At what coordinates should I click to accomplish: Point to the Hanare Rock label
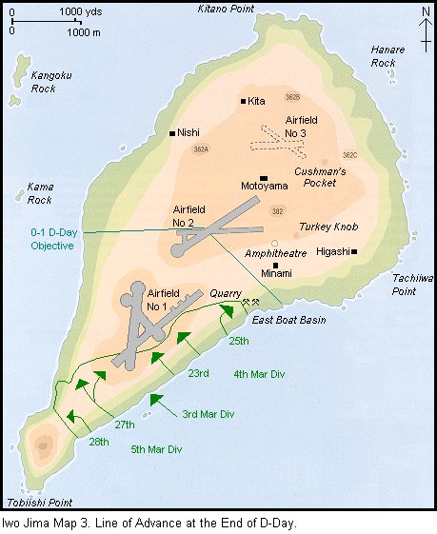point(387,56)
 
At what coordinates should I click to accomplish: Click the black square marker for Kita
point(244,101)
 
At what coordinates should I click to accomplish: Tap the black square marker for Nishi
point(171,133)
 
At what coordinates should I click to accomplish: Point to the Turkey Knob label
point(327,227)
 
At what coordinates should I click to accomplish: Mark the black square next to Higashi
point(353,252)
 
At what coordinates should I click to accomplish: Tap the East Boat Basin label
point(289,320)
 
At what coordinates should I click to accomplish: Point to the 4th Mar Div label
point(259,373)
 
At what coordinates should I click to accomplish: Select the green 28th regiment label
point(98,444)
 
